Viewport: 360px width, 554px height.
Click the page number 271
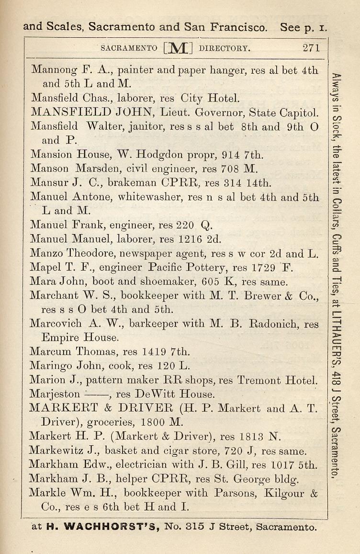311,48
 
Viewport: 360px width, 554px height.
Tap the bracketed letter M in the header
178,48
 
